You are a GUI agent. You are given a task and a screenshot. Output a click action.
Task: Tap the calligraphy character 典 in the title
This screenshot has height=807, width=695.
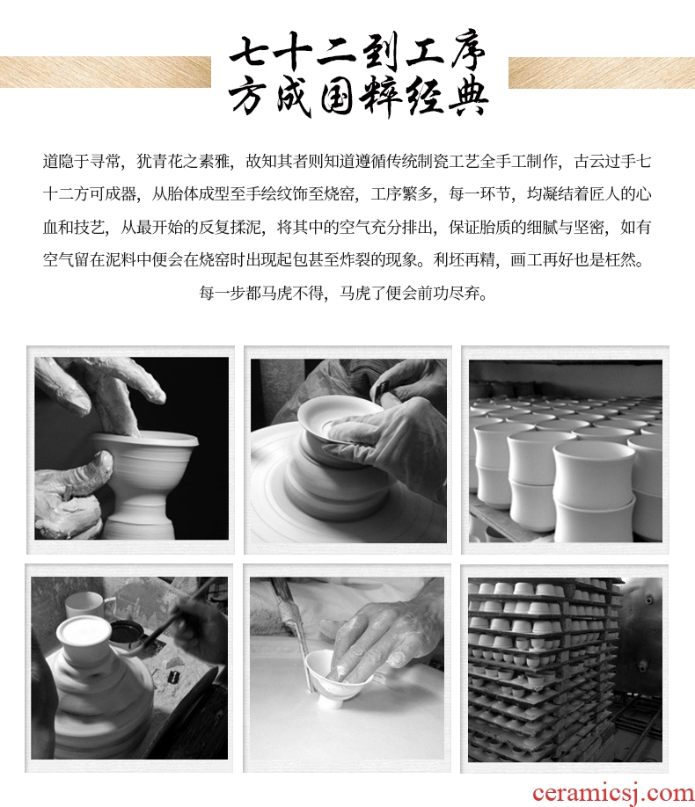(x=468, y=98)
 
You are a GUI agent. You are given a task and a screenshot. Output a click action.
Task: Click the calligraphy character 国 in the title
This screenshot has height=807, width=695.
(x=339, y=98)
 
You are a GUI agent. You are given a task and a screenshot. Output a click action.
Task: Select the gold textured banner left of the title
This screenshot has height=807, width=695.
(x=105, y=71)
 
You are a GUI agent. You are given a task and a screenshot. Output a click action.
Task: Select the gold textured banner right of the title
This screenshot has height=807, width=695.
(x=602, y=73)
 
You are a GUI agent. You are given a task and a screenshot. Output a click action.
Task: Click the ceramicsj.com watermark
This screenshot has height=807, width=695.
(x=613, y=794)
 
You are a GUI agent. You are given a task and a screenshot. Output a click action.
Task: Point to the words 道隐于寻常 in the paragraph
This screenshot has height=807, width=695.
(x=82, y=162)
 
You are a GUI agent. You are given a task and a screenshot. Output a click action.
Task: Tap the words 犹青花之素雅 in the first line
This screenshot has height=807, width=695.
(x=183, y=162)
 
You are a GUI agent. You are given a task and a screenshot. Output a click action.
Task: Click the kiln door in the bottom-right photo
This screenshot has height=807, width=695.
(x=639, y=669)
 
